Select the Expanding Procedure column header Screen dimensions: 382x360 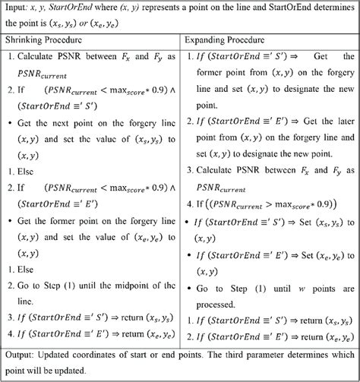pos(230,38)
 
